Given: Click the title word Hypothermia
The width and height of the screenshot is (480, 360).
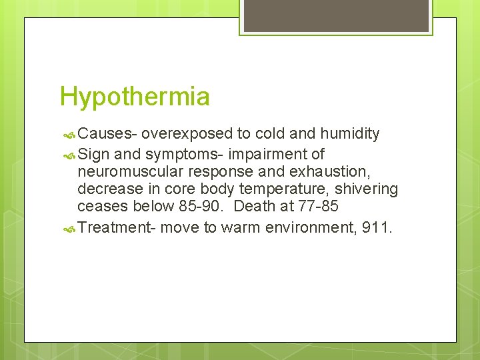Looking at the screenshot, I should (135, 97).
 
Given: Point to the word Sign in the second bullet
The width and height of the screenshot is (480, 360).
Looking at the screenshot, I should (93, 154).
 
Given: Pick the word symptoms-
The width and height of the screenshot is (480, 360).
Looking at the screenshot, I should (183, 155).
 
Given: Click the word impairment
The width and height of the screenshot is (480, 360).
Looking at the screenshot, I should (269, 154).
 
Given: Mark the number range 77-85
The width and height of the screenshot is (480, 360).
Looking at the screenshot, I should (321, 207).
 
